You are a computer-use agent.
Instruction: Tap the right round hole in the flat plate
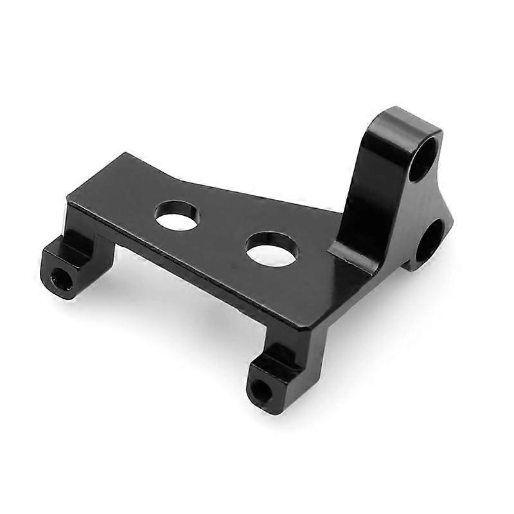pyautogui.click(x=272, y=249)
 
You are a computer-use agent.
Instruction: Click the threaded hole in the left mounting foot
pyautogui.click(x=60, y=277)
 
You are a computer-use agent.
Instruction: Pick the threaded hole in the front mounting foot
pyautogui.click(x=260, y=387)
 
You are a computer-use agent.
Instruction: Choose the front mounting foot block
pyautogui.click(x=270, y=379)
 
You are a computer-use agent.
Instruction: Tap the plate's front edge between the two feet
pyautogui.click(x=193, y=270)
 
